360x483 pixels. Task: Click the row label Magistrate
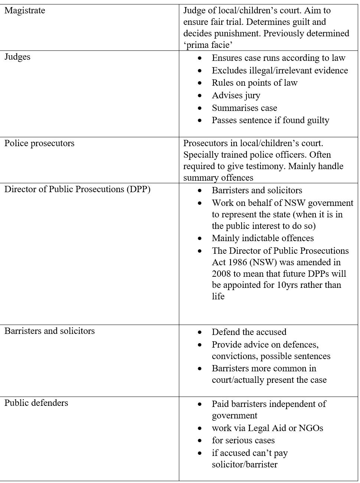[x=25, y=10]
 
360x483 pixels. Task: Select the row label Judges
[x=17, y=57]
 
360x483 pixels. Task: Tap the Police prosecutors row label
[x=39, y=143]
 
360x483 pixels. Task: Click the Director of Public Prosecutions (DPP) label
[x=77, y=189]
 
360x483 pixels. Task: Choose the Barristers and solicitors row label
[x=49, y=331]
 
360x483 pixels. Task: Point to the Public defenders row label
[x=36, y=403]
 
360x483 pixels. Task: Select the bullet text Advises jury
[x=236, y=95]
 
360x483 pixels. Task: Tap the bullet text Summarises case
[x=244, y=108]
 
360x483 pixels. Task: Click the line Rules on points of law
[x=255, y=83]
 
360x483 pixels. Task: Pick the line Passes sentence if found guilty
[x=270, y=120]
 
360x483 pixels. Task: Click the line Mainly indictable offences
[x=263, y=238]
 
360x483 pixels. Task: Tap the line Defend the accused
[x=249, y=332]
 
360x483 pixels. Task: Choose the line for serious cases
[x=243, y=440]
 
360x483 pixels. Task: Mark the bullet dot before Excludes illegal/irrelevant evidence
[x=200, y=70]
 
